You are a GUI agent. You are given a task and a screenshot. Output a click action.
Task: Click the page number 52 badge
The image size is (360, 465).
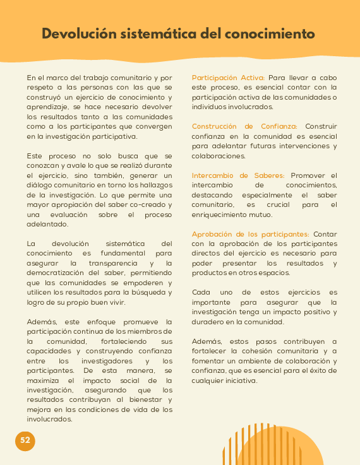tap(25, 440)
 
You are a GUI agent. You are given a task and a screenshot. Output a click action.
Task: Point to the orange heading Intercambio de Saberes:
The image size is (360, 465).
tap(238, 175)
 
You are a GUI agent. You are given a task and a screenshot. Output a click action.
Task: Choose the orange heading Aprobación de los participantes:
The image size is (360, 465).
tap(250, 234)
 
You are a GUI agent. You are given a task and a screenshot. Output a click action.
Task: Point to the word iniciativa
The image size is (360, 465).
tap(237, 380)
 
